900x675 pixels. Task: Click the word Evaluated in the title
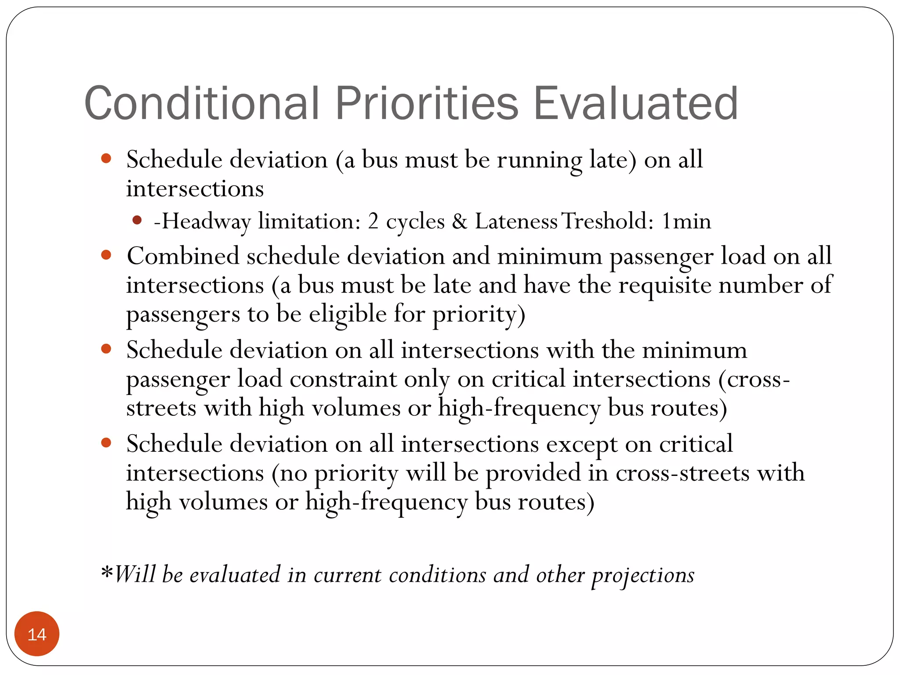[x=635, y=104]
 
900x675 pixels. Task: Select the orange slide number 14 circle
[x=37, y=634]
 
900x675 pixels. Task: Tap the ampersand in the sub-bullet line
[x=460, y=221]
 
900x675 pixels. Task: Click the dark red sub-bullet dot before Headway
[x=137, y=220]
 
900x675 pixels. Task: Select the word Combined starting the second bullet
[x=183, y=256]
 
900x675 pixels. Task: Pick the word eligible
[x=347, y=315]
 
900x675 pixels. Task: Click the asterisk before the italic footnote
[x=107, y=572]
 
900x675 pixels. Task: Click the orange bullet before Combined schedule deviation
[x=106, y=255]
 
